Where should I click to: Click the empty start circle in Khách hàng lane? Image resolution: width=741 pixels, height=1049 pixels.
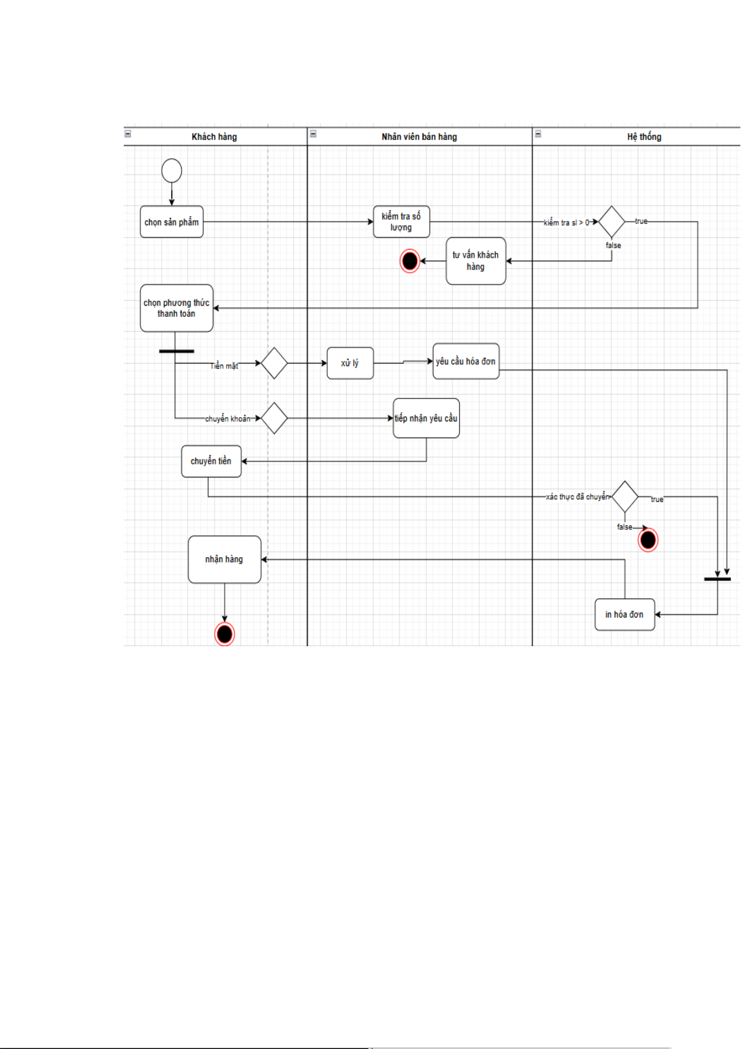pos(172,171)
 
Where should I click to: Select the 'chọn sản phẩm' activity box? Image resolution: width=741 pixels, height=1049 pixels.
pos(172,222)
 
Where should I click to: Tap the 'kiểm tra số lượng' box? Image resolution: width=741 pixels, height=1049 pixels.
pos(401,222)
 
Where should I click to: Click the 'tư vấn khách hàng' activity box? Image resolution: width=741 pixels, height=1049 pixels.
pos(476,261)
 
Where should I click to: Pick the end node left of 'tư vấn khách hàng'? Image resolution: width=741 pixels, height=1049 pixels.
pos(409,261)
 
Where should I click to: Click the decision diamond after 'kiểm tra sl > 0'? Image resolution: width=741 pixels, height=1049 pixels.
pos(612,222)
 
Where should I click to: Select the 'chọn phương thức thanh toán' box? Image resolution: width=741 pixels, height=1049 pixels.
pos(177,308)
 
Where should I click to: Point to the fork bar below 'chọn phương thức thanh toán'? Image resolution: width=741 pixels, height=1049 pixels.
pos(177,351)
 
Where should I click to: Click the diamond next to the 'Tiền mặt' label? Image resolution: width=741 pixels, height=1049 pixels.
pos(274,363)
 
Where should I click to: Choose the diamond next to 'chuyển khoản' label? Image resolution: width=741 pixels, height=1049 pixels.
pos(274,418)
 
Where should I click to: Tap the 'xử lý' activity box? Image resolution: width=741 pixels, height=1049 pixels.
pos(350,363)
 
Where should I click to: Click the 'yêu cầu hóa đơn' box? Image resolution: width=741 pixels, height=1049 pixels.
pos(466,361)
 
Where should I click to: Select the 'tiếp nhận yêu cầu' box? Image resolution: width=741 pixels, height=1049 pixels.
pos(426,418)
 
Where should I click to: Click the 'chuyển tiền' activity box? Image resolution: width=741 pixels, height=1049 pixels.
pos(211,461)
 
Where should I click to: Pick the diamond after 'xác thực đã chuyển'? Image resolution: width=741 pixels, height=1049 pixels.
pos(625,497)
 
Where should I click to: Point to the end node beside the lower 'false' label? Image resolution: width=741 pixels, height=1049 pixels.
pos(648,540)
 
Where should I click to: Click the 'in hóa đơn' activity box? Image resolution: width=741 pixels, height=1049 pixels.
pos(625,614)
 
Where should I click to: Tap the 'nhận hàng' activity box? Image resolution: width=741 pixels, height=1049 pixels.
pos(225,560)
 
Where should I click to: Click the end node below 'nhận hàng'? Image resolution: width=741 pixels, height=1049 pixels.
pos(225,634)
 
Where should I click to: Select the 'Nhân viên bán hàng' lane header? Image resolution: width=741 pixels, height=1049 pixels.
pos(419,137)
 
